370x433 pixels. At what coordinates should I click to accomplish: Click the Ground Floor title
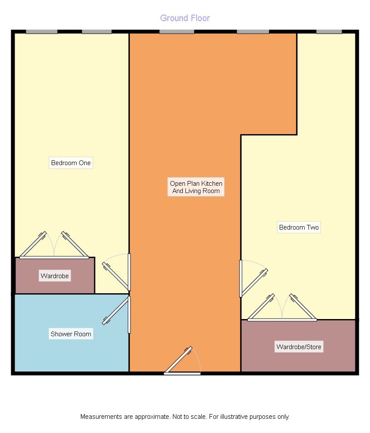[x=185, y=18]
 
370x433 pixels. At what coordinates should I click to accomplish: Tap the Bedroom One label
[x=71, y=163]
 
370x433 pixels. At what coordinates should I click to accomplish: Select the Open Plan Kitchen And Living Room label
[x=196, y=187]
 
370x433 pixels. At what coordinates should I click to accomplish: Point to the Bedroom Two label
[x=299, y=227]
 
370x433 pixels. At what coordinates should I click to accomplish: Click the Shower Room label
[x=71, y=334]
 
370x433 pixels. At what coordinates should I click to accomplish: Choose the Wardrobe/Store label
[x=299, y=347]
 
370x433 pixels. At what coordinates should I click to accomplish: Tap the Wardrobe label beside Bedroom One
[x=55, y=276]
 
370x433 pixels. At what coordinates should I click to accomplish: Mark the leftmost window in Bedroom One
[x=41, y=32]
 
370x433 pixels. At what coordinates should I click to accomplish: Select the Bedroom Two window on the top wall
[x=329, y=32]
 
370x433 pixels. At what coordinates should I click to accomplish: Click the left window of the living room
[x=176, y=32]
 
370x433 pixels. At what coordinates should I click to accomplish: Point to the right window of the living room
[x=253, y=32]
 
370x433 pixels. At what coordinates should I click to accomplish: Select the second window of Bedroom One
[x=97, y=32]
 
